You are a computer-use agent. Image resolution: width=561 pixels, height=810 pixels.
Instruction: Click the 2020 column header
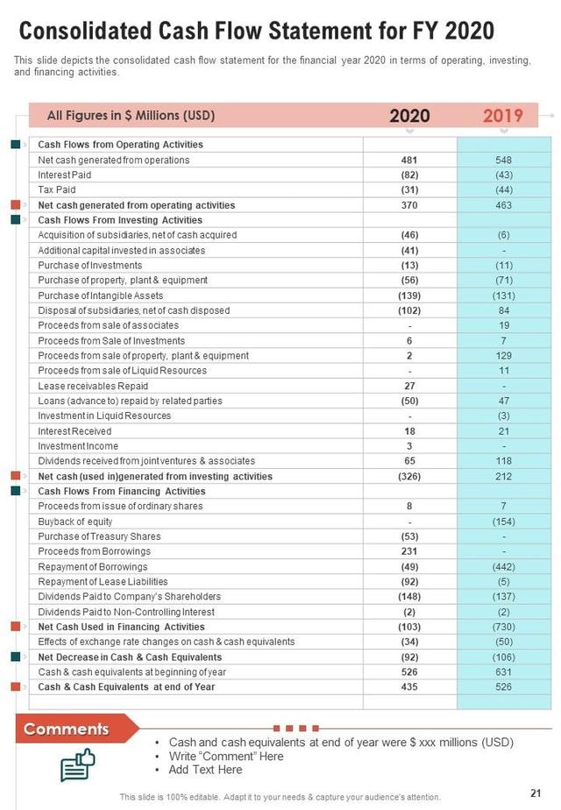409,116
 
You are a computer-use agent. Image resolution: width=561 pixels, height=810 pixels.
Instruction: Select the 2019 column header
503,116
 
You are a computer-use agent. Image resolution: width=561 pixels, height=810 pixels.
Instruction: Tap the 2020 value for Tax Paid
409,189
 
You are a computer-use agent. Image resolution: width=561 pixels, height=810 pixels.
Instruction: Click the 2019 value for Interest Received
503,431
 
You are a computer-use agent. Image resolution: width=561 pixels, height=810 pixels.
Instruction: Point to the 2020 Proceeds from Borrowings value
409,551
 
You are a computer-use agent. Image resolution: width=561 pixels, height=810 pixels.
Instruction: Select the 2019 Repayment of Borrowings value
503,566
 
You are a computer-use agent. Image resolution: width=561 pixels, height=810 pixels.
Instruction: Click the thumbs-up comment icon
77,764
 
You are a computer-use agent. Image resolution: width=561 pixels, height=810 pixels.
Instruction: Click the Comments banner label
67,729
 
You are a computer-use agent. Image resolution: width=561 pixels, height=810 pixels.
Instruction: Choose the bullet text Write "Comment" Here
226,757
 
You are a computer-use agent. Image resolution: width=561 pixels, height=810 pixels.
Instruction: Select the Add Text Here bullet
205,770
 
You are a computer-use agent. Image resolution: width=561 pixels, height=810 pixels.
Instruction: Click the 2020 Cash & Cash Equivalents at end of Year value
409,687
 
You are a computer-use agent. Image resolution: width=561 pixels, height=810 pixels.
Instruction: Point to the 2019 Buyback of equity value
503,522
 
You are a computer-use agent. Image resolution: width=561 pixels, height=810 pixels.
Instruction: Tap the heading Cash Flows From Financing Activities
122,492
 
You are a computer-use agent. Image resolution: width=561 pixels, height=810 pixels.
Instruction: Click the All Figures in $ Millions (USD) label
131,115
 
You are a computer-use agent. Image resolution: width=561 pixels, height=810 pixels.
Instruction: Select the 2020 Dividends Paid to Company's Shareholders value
409,597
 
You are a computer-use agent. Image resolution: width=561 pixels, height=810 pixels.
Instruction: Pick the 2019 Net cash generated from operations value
503,160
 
